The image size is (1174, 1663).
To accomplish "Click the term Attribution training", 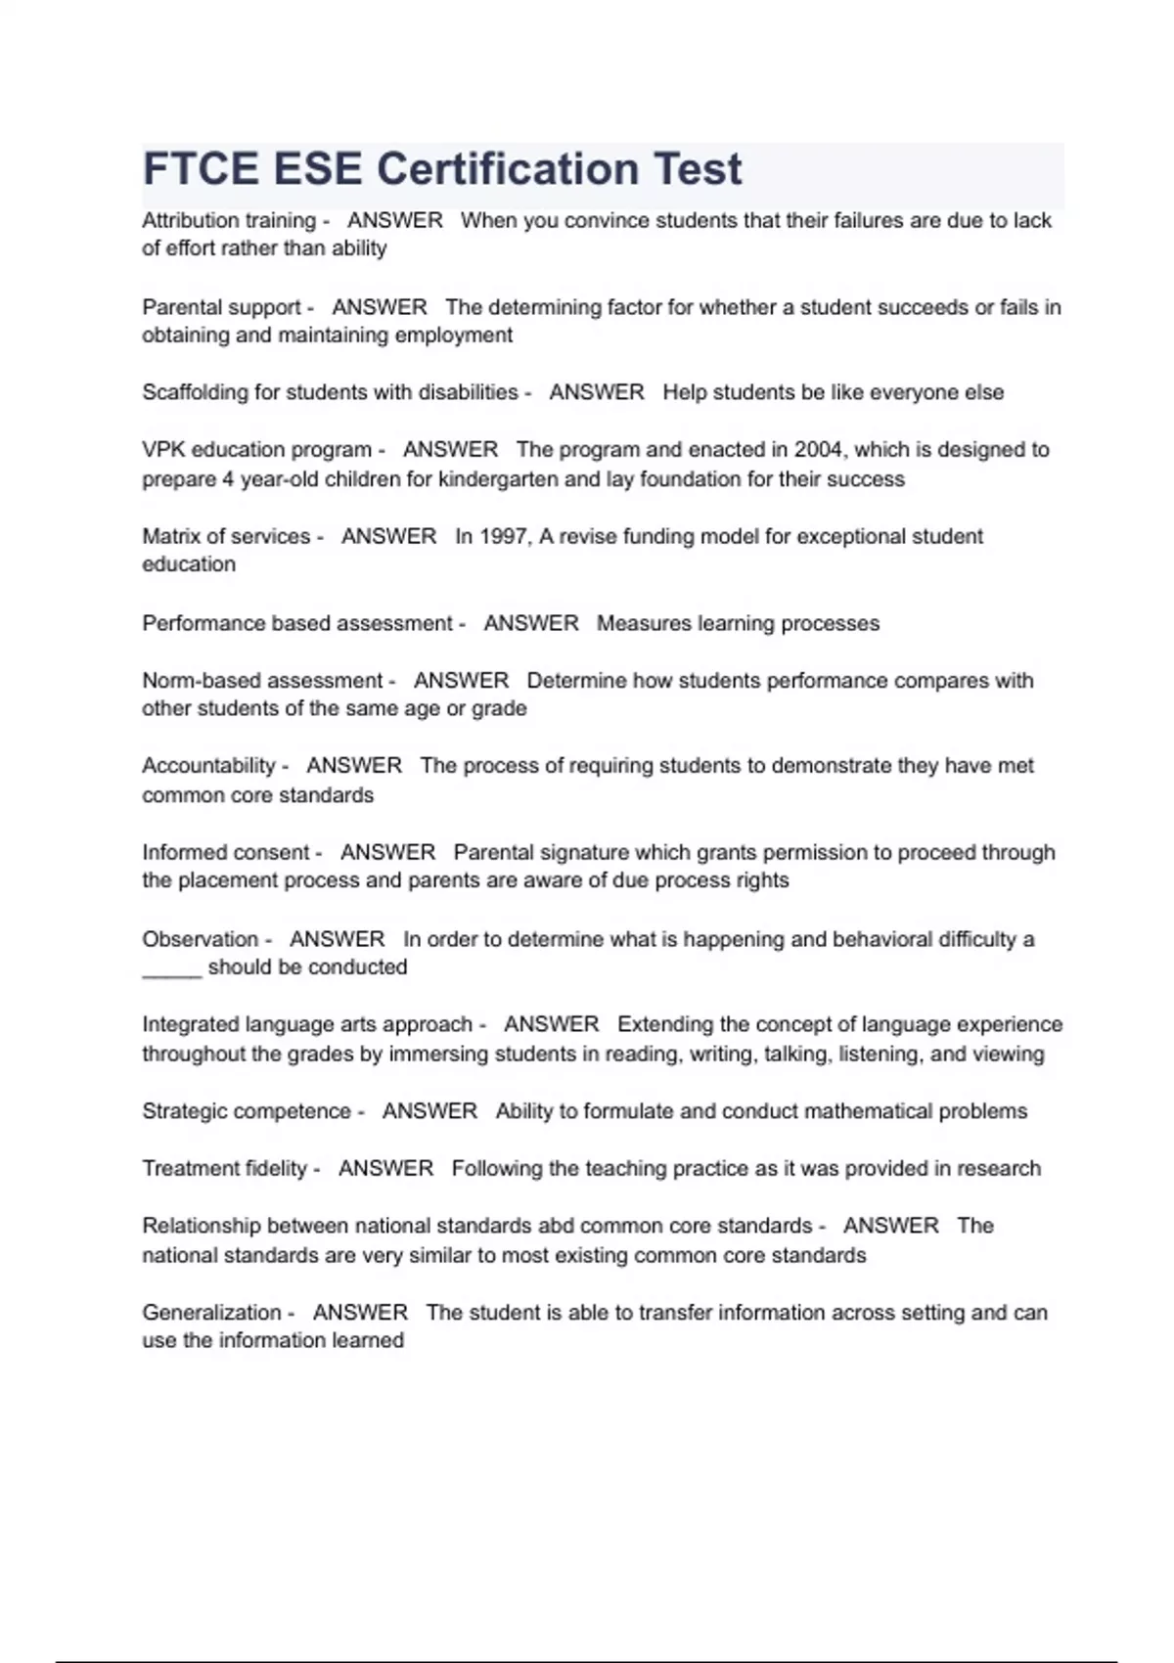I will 229,221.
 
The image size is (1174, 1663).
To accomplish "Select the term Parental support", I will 221,307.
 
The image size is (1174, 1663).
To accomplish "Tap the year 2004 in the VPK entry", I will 817,450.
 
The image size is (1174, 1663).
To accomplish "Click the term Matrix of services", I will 226,536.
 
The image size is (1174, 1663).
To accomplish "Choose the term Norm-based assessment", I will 262,681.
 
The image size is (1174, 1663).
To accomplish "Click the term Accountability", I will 208,766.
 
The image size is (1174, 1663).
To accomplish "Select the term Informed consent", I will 225,852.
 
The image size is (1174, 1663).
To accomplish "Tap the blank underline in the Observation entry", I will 171,970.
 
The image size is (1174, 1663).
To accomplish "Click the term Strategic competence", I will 246,1111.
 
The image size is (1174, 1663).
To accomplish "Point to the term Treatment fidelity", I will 224,1169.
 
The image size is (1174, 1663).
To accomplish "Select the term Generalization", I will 211,1313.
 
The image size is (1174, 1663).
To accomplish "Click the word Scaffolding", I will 195,392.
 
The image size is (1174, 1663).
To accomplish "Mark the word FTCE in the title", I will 201,169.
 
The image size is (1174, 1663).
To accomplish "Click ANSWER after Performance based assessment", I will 530,623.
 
